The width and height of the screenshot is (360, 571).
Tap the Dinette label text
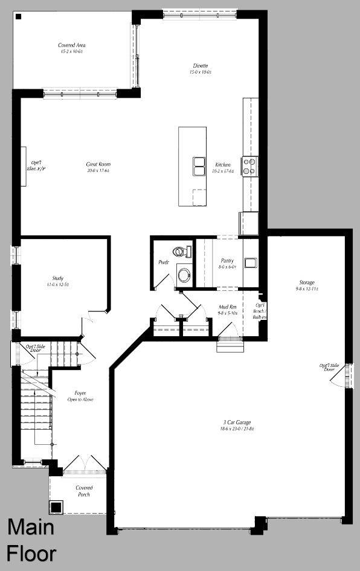(x=201, y=68)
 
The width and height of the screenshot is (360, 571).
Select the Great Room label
(x=98, y=167)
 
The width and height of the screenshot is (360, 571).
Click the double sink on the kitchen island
(x=199, y=164)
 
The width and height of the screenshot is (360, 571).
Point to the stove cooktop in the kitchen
(x=249, y=165)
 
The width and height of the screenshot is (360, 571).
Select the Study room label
(x=57, y=281)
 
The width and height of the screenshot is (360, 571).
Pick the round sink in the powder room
(x=184, y=276)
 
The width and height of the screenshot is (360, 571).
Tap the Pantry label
(x=227, y=263)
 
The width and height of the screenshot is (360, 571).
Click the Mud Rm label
(x=227, y=310)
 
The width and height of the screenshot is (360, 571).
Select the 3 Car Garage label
(x=236, y=425)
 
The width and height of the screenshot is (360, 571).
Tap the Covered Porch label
(x=84, y=491)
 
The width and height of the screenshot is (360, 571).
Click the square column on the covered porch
(x=56, y=507)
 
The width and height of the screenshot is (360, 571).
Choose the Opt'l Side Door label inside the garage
(x=330, y=367)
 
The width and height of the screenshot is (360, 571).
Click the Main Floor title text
(x=31, y=540)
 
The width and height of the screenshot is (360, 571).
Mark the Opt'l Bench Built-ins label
(x=260, y=310)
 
